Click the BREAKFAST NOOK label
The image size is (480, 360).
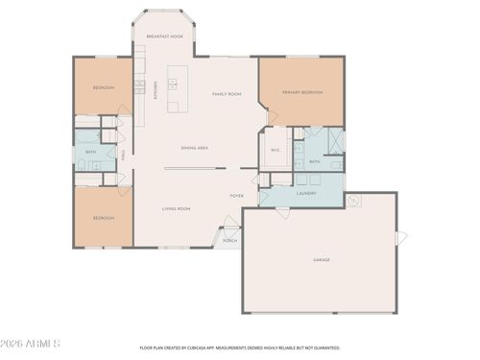pos(164,36)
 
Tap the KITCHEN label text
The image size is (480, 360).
pos(156,90)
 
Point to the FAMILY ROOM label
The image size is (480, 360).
pos(226,94)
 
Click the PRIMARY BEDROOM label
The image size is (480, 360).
pos(300,93)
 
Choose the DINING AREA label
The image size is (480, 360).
pos(195,148)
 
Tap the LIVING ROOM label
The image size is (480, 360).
pos(176,208)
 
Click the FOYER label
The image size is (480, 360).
pos(236,196)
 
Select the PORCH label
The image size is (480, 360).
pos(230,240)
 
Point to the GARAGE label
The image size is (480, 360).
pos(322,260)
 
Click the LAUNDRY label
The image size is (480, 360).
pos(306,193)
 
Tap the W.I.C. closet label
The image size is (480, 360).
pos(275,151)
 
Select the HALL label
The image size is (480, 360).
pos(123,154)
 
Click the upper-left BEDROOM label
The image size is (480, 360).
pos(104,87)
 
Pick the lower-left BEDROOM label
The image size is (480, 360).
pos(104,218)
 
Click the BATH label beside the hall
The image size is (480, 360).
pos(90,152)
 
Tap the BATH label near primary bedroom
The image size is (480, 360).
pos(314,161)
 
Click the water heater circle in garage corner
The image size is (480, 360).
pos(354,200)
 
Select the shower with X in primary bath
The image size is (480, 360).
pos(335,140)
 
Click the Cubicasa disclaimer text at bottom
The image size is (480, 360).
pos(240,348)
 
